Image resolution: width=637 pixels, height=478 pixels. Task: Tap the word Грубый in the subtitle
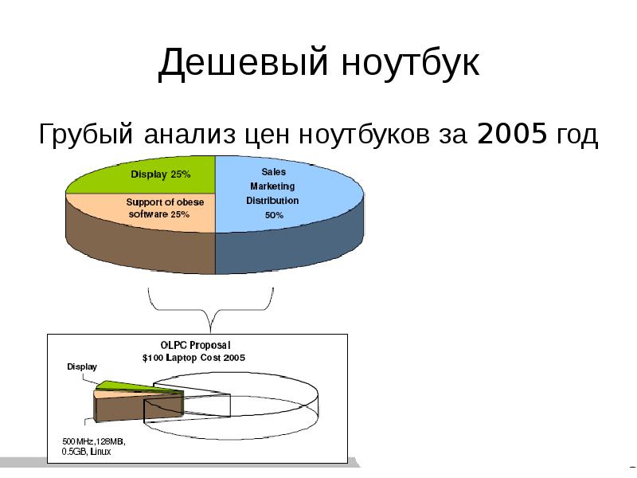pos(86,135)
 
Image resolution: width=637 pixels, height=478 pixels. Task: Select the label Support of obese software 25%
pos(165,208)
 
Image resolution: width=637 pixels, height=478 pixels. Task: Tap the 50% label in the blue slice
pos(274,215)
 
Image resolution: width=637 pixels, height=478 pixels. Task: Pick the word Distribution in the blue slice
pos(272,201)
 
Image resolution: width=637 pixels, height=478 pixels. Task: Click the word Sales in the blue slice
pos(273,172)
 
